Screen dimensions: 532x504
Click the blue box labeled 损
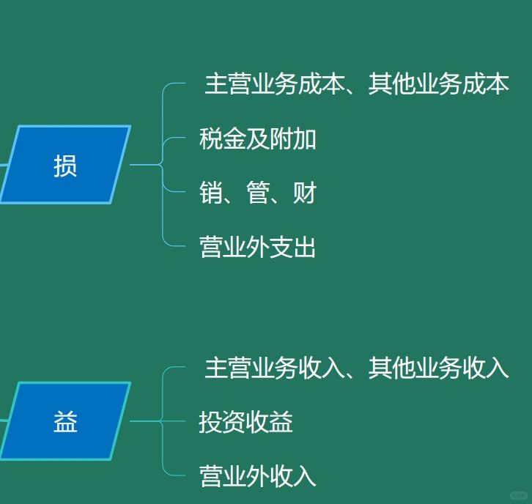(65, 165)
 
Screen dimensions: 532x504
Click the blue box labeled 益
(65, 421)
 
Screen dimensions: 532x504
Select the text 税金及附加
(257, 138)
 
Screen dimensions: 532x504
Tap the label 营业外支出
(257, 247)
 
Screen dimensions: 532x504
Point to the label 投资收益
(245, 421)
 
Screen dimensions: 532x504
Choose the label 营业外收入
(257, 476)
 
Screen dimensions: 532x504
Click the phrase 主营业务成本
(275, 84)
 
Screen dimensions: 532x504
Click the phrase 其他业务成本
(439, 84)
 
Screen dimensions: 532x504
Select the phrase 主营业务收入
(275, 368)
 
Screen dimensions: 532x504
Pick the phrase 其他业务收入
(439, 368)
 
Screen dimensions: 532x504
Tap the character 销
(211, 193)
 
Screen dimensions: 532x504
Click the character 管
(258, 193)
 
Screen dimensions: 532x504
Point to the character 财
(305, 193)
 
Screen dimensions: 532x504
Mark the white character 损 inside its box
(65, 166)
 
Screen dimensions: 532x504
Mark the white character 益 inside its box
(65, 421)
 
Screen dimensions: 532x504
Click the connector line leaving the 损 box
(144, 165)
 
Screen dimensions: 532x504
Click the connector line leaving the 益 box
(144, 421)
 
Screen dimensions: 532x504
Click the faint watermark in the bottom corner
(518, 495)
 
